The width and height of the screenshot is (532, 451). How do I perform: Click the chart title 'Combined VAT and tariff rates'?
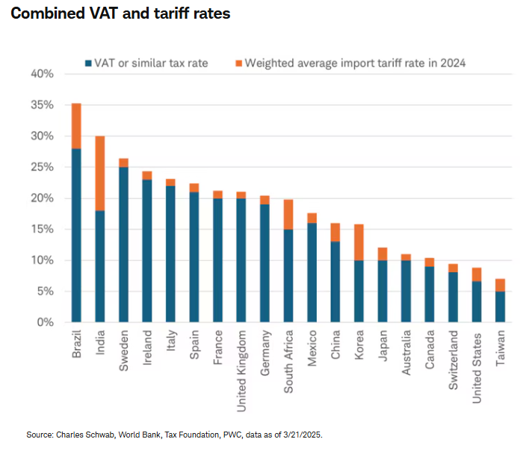[x=120, y=13]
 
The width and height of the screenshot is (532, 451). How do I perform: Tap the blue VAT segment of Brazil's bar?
[x=76, y=235]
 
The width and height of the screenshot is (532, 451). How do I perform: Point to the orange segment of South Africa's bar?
[x=288, y=214]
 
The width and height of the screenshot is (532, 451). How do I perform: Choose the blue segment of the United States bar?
[x=477, y=301]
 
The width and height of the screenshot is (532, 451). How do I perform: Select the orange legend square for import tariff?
[x=238, y=63]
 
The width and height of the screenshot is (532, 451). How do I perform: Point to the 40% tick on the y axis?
[x=43, y=74]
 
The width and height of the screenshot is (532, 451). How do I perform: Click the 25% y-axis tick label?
[x=43, y=167]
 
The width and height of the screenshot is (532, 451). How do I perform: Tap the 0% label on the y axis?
[x=46, y=322]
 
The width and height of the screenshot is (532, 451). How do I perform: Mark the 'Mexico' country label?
[x=312, y=345]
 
